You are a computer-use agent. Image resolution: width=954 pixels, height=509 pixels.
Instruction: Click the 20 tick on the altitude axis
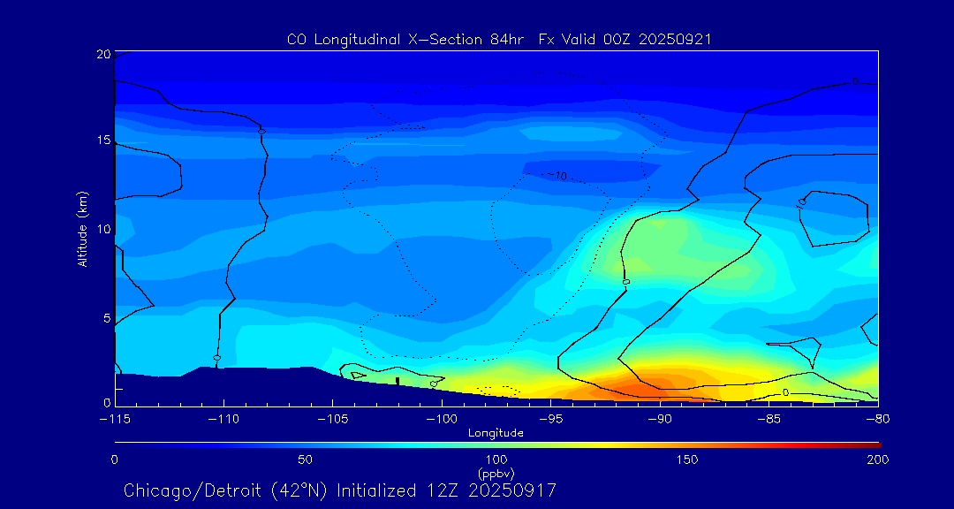(102, 54)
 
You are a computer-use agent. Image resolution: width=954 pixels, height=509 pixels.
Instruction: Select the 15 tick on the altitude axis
(102, 141)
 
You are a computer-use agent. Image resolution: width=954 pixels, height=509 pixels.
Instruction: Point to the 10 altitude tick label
(102, 229)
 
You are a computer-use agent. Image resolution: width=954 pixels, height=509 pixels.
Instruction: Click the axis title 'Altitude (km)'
(82, 229)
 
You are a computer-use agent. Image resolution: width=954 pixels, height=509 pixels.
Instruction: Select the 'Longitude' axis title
(496, 433)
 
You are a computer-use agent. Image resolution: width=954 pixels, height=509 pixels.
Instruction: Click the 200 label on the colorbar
(877, 460)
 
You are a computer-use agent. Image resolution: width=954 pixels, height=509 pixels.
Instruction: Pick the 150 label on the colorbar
(686, 460)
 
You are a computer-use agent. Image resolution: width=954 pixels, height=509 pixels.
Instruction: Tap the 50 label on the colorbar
(305, 460)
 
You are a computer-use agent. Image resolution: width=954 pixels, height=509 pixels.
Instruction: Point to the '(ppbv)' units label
(496, 473)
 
